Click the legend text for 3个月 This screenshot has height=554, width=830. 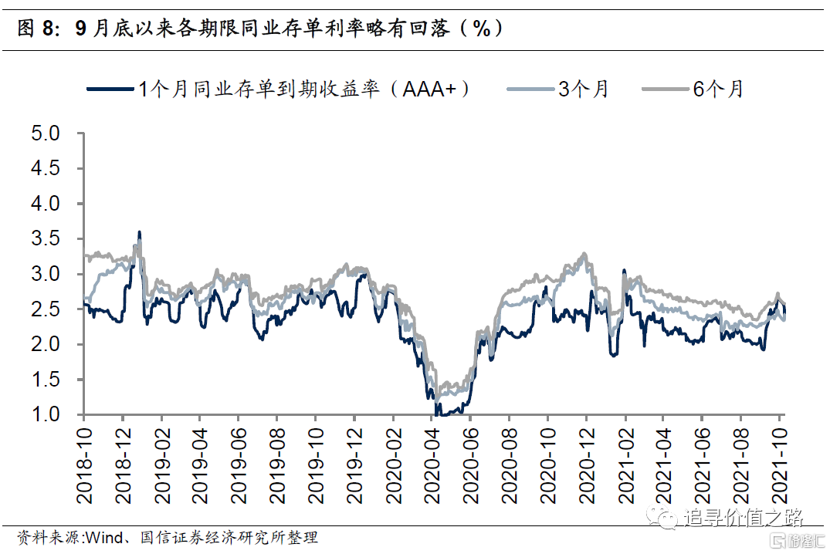tap(584, 89)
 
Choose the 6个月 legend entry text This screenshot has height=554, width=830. tap(718, 89)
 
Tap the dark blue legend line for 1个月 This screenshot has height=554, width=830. tap(109, 90)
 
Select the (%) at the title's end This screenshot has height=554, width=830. tap(482, 29)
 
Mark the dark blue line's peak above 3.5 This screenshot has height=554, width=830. tap(139, 231)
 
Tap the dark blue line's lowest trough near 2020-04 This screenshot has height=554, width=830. tap(437, 414)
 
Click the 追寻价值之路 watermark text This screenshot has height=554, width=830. tap(744, 518)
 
